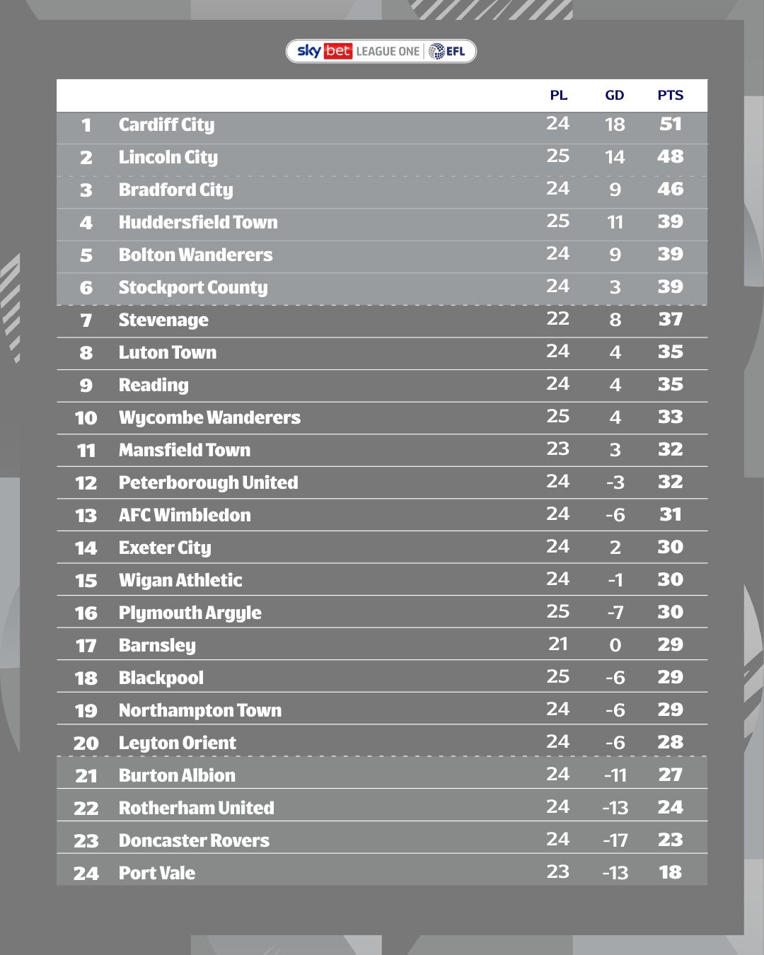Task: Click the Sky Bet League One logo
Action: (x=381, y=51)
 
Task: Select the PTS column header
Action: (x=670, y=95)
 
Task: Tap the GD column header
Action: (x=614, y=95)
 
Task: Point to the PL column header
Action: (x=558, y=95)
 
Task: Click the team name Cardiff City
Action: (x=166, y=125)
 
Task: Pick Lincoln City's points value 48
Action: (x=670, y=156)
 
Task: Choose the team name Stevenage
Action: (x=163, y=320)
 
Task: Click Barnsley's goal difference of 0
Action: (x=615, y=645)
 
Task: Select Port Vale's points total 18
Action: (x=670, y=872)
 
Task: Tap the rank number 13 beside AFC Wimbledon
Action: (x=86, y=516)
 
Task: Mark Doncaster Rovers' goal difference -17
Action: (x=615, y=840)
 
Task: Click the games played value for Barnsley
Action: (x=557, y=644)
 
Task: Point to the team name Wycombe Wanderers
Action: (x=209, y=418)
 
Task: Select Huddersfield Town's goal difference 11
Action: (x=615, y=223)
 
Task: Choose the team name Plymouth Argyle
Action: (x=190, y=613)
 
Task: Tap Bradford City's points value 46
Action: (x=670, y=189)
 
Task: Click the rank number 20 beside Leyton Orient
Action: (x=86, y=743)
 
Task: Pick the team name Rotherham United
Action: (x=196, y=808)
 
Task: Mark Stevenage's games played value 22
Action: (x=557, y=318)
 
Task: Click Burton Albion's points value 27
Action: (x=670, y=775)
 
